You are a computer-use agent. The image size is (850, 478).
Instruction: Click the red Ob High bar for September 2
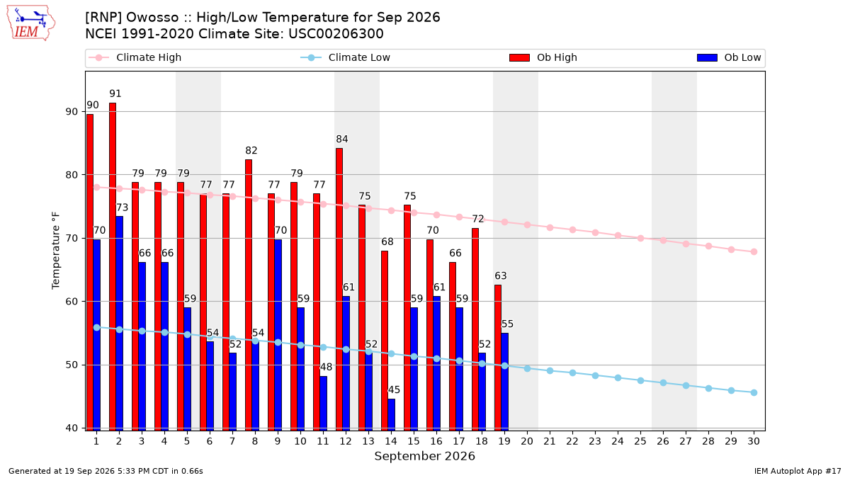pos(113,266)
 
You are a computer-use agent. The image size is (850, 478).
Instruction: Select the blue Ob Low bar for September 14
pos(391,414)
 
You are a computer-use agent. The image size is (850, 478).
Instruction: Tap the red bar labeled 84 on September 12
pos(339,289)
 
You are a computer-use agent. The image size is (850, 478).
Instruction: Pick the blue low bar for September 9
pos(278,334)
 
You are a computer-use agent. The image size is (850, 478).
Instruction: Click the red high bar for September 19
pos(498,358)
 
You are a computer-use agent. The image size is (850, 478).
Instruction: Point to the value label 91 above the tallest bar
pos(115,93)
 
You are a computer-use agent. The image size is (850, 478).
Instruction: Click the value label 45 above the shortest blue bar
pos(394,389)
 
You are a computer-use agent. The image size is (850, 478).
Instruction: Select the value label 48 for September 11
pos(326,367)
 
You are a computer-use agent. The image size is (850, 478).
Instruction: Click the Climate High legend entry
pos(135,57)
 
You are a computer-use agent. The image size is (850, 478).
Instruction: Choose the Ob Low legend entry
pos(729,57)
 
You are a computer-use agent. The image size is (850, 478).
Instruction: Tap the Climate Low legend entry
pos(345,57)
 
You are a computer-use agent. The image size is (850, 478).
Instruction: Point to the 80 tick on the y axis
pos(72,175)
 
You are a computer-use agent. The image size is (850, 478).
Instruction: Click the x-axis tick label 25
pos(640,441)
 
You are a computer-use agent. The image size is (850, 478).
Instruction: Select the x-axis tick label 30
pos(754,441)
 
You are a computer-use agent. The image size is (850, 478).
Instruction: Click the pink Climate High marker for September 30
pos(754,252)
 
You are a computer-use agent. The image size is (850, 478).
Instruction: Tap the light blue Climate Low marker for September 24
pos(618,378)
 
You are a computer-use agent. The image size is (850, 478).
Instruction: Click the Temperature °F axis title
pos(56,251)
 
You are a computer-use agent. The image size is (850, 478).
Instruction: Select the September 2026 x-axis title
pos(424,456)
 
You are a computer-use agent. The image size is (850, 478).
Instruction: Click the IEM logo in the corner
pos(30,23)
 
